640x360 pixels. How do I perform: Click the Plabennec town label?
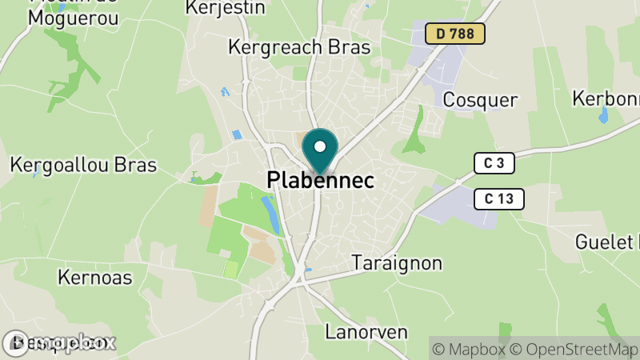(320, 181)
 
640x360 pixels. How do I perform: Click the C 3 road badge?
(493, 164)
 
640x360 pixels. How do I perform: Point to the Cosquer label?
(480, 100)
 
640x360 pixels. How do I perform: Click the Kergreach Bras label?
(299, 47)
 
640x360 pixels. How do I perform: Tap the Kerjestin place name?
(225, 8)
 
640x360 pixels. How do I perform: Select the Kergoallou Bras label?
(83, 166)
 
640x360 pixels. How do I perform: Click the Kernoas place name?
(95, 278)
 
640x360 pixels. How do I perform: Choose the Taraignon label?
(397, 263)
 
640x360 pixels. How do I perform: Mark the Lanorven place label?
(366, 331)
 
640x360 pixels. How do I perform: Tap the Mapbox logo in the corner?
(60, 343)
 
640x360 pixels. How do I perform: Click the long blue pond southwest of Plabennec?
(271, 214)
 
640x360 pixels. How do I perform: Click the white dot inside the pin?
(320, 146)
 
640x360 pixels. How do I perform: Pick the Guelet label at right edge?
(609, 241)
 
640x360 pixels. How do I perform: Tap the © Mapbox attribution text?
(470, 349)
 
